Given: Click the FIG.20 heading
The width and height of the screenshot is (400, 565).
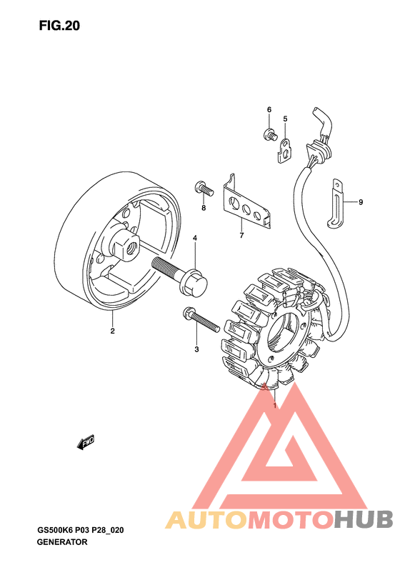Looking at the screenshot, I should (60, 26).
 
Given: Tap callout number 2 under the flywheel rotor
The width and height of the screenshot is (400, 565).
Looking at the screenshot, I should (112, 331).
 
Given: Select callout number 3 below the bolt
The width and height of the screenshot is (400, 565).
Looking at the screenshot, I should (196, 349).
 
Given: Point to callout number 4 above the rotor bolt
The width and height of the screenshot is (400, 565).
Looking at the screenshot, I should (194, 238).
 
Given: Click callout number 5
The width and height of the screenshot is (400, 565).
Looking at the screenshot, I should (284, 119).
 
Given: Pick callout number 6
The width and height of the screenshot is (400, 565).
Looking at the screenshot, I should (269, 109).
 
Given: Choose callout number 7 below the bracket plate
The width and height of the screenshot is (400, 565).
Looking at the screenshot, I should (241, 236).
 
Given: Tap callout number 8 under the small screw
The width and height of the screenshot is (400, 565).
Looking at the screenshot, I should (203, 208).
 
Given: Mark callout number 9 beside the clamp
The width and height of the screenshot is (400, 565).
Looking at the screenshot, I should (361, 202).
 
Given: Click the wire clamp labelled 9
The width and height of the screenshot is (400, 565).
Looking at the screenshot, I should (336, 204).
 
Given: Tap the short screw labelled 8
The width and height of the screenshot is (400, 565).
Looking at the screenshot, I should (203, 189).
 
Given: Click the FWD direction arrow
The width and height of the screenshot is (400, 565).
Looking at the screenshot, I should (86, 443).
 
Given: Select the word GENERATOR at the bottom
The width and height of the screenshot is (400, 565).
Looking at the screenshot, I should (61, 542).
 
